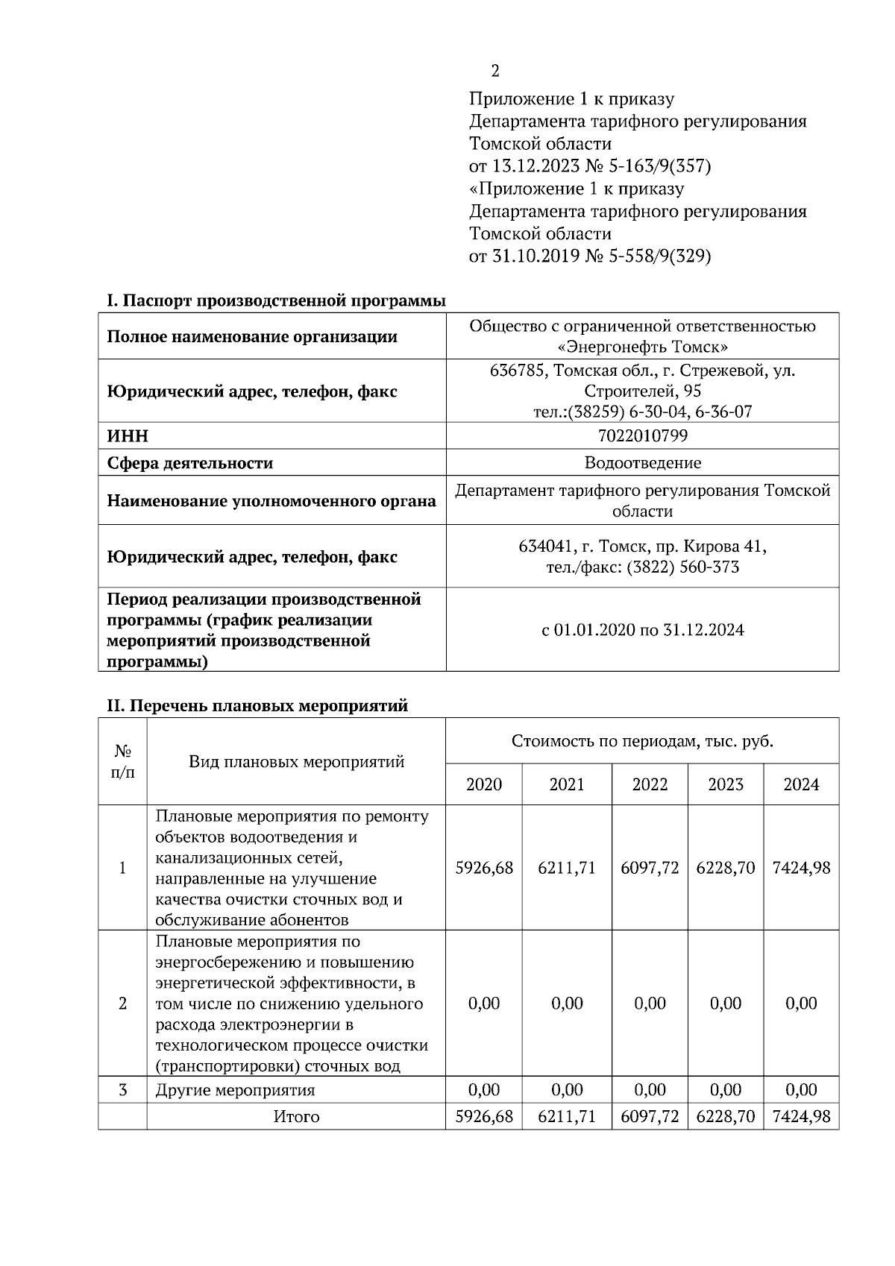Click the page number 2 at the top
494,71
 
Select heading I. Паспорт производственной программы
276,300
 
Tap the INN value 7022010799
642,435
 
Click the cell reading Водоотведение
642,463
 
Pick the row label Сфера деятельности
190,463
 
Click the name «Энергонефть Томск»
642,347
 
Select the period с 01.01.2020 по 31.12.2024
642,630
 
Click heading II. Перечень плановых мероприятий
257,705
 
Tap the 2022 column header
650,784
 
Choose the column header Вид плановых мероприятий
296,761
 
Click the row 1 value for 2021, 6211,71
567,868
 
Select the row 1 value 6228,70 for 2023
726,868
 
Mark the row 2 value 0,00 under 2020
484,1004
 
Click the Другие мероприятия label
235,1090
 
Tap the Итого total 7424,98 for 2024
801,1117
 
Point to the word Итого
296,1117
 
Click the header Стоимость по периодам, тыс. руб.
642,741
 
